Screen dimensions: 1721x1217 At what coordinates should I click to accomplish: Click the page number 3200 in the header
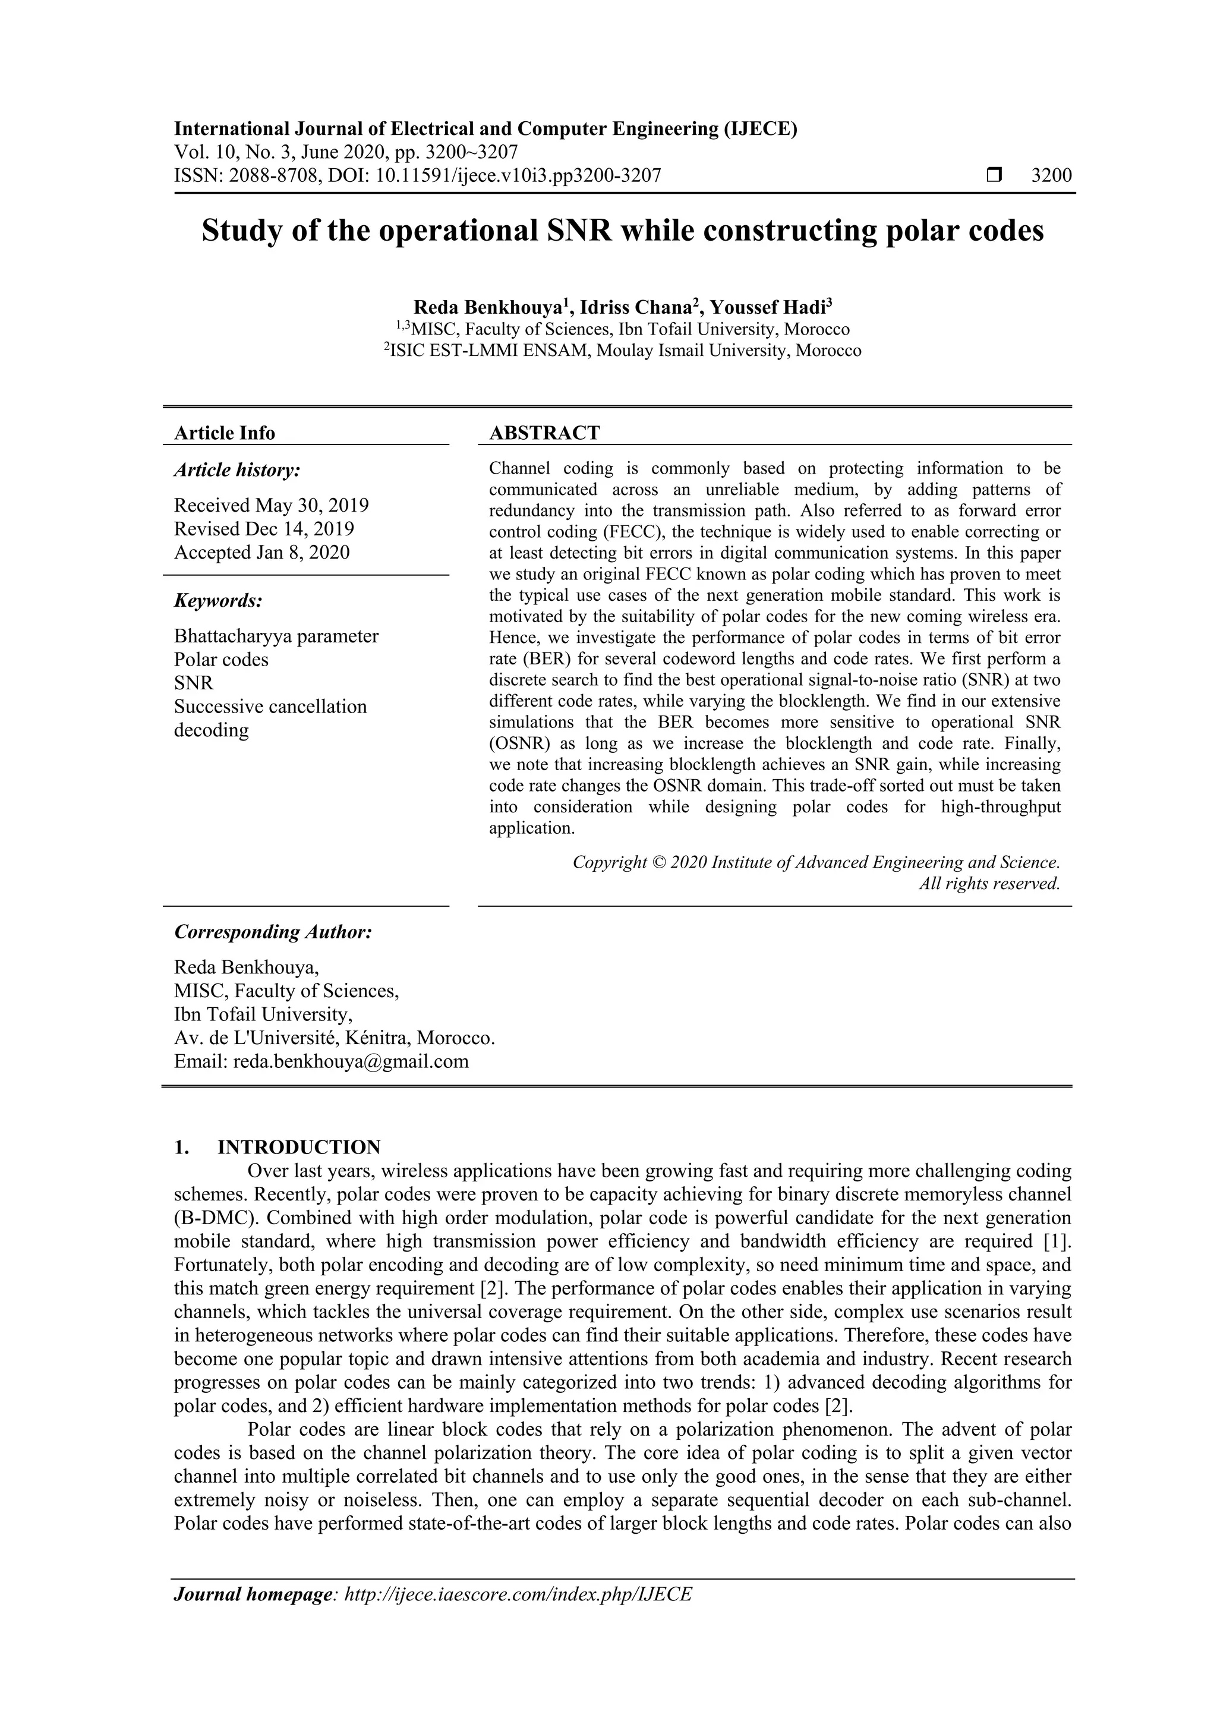click(1051, 175)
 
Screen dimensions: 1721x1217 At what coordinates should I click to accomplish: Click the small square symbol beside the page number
click(994, 175)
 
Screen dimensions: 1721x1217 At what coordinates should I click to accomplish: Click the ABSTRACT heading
click(544, 433)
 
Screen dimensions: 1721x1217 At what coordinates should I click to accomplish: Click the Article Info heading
click(224, 433)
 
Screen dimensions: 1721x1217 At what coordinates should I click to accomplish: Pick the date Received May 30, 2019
click(272, 505)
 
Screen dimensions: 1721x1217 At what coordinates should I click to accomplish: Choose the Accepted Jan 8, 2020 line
click(261, 553)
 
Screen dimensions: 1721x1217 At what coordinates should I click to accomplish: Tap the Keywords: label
click(218, 600)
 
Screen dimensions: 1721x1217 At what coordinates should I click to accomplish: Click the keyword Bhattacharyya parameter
click(276, 636)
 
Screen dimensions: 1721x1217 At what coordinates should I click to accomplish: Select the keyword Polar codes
click(221, 660)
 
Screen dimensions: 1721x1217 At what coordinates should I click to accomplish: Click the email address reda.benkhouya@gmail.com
click(351, 1061)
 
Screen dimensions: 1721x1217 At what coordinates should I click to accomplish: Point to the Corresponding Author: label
click(273, 932)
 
